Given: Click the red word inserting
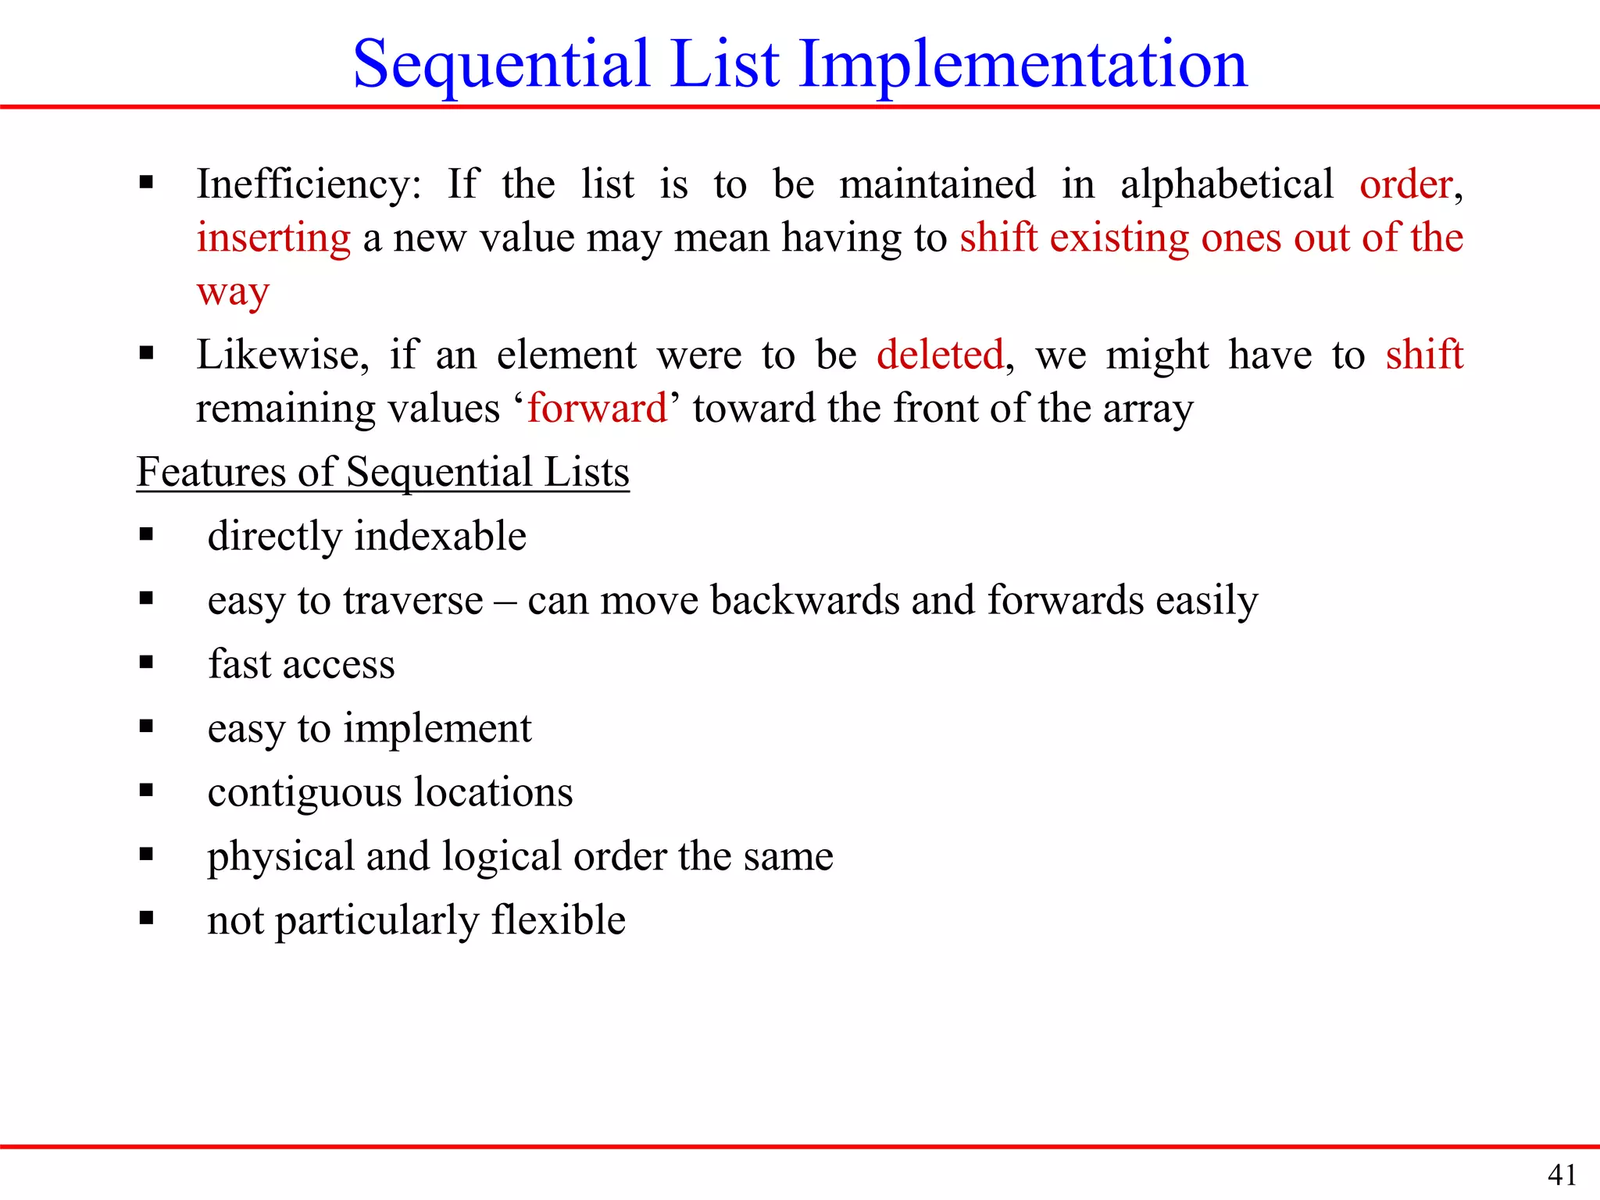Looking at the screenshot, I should [273, 238].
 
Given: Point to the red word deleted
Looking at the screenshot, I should [940, 355].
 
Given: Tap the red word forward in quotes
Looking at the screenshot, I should [597, 409].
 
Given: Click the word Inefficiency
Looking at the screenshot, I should [308, 185].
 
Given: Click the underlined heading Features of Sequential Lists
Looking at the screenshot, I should [383, 473].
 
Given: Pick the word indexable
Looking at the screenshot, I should [441, 537].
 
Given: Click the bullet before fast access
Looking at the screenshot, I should [146, 662].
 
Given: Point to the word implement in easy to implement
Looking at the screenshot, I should [437, 729].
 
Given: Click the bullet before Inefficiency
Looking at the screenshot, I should [146, 184].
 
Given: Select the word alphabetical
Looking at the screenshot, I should [1227, 185].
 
